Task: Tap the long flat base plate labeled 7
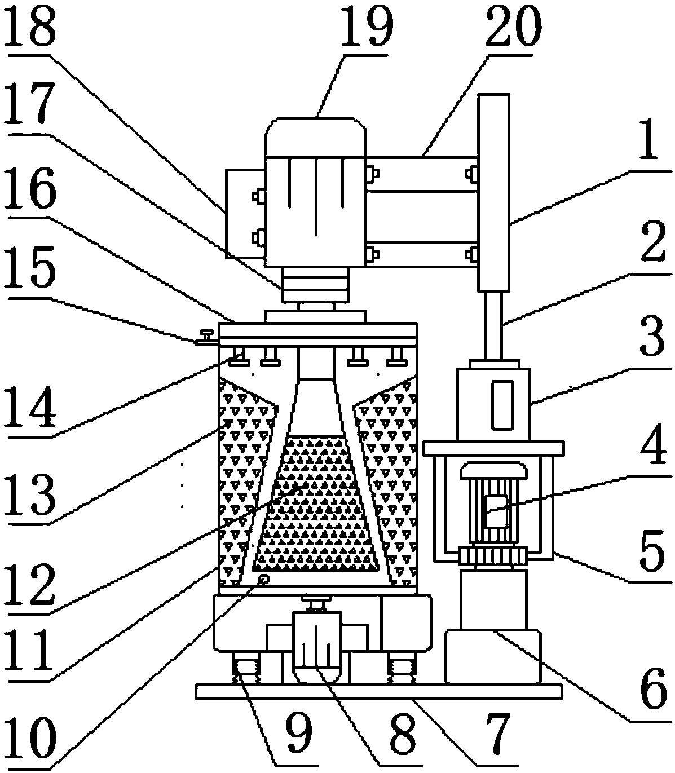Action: [x=378, y=691]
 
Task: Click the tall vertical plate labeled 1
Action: [x=494, y=192]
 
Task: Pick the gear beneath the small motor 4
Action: [x=493, y=556]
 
